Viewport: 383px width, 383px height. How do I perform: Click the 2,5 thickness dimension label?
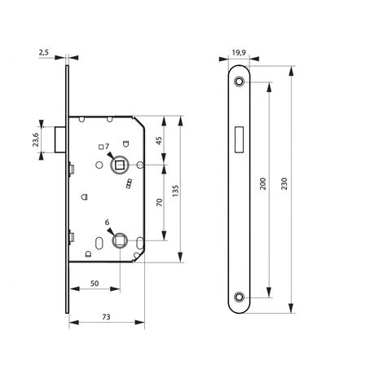[43, 53]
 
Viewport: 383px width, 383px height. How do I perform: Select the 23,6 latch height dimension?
[36, 139]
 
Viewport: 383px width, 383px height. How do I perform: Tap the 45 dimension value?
[159, 140]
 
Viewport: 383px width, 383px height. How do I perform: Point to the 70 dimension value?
[159, 202]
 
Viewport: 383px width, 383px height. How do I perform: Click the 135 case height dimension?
[175, 191]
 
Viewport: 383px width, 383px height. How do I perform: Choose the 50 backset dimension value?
[95, 284]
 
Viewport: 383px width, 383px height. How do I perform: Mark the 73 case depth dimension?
[106, 317]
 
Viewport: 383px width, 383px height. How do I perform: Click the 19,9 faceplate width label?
[239, 52]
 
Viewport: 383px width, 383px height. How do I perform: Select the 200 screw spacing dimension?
[262, 183]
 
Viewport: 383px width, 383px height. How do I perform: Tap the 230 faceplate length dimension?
[284, 183]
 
